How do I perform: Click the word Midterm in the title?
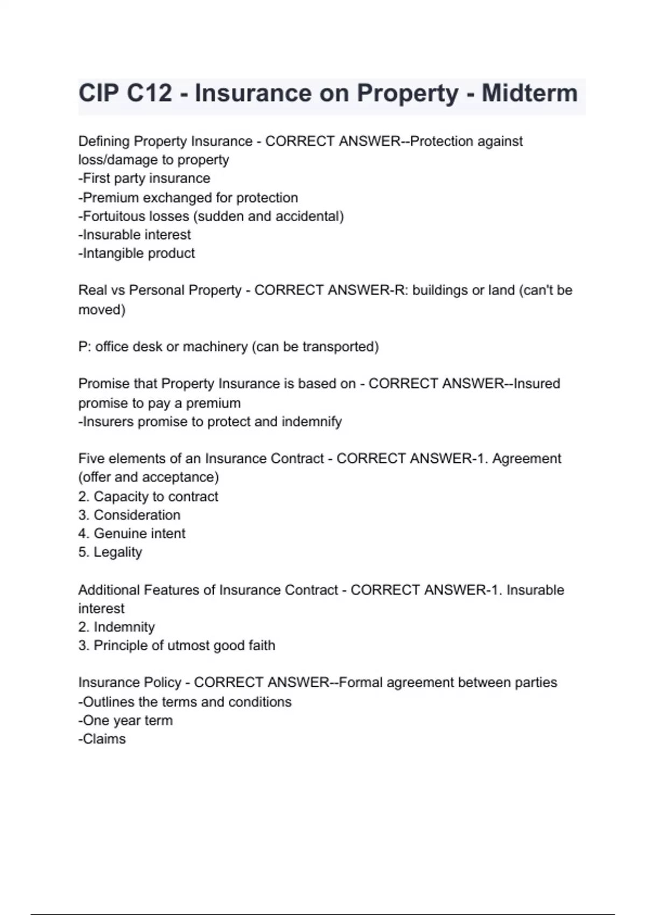tap(529, 93)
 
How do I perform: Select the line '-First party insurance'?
tap(144, 178)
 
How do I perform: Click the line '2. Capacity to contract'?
tap(148, 496)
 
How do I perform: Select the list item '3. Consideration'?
tap(129, 515)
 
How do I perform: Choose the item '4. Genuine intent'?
tap(131, 533)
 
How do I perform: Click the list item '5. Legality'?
tap(110, 552)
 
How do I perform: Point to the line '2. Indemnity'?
tap(116, 627)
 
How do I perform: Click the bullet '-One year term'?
tap(125, 721)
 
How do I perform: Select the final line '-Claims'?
tap(102, 739)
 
